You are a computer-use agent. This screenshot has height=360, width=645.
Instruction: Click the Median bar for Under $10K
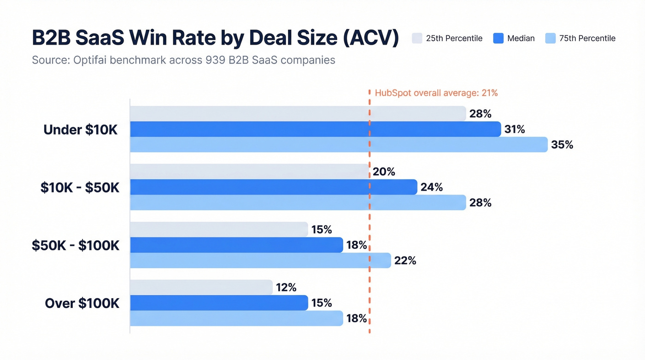(x=315, y=130)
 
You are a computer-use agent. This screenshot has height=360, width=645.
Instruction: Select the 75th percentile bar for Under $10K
(x=339, y=145)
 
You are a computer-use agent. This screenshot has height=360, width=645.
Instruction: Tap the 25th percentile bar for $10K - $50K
(x=249, y=171)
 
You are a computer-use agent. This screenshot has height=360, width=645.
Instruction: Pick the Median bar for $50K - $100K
(x=236, y=245)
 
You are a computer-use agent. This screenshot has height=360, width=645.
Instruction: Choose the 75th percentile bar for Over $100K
(x=236, y=318)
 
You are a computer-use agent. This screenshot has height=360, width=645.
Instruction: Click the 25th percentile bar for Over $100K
(x=201, y=288)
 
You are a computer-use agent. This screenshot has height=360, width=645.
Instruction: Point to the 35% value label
(x=562, y=145)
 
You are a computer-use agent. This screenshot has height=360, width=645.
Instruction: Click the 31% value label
(x=515, y=130)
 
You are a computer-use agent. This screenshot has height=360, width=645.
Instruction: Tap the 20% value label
(x=384, y=172)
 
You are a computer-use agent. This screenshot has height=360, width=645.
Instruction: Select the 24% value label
(x=431, y=187)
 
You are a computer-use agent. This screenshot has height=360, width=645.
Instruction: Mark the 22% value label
(x=405, y=260)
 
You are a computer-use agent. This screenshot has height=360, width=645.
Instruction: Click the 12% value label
(x=286, y=288)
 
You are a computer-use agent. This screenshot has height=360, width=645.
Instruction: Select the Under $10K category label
(x=81, y=130)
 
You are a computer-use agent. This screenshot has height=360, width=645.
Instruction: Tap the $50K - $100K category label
(x=76, y=245)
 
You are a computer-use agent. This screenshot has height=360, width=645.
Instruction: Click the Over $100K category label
(x=82, y=303)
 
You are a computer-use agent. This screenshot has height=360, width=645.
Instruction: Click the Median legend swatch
(x=498, y=38)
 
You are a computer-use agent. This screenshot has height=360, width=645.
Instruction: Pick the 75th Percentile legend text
(x=587, y=38)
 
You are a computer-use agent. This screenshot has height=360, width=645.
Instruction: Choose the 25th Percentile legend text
(x=454, y=38)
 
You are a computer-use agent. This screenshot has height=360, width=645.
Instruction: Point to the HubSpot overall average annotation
(x=436, y=93)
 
